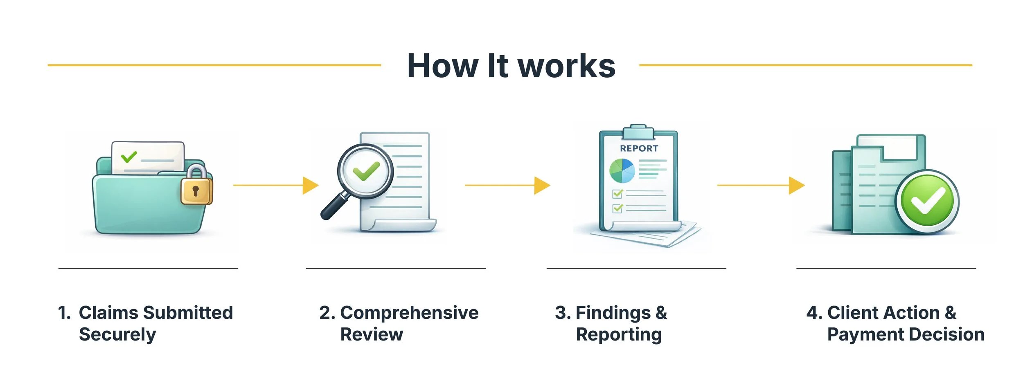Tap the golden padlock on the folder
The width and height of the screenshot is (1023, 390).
pos(196,189)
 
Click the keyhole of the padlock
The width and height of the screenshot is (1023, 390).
pos(196,191)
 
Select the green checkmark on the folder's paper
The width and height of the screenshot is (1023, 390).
pos(129,157)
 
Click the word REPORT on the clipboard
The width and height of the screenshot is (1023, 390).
pos(639,148)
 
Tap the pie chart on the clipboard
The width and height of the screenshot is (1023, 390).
pos(622,170)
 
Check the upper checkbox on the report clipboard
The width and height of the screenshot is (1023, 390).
pos(617,193)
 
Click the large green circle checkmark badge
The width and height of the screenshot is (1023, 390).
pos(927,201)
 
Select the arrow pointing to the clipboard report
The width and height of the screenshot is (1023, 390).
pos(507,185)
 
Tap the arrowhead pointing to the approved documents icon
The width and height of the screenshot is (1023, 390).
pos(796,185)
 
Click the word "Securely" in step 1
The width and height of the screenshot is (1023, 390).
pos(117,334)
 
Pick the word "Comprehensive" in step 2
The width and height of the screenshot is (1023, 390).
pos(409,313)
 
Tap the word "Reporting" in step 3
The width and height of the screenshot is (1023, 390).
pos(619,334)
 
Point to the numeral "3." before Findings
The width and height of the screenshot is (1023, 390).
pos(563,313)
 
